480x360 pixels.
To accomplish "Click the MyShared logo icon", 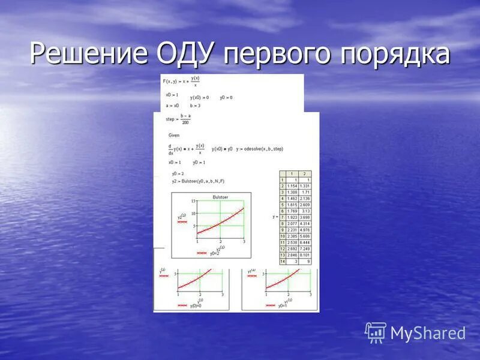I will click(376, 332).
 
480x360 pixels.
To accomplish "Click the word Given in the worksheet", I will click(174, 136).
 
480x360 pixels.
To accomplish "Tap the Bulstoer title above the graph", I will click(220, 197).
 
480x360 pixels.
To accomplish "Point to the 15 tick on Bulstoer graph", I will click(193, 202).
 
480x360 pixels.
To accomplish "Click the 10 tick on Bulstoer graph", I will click(193, 213).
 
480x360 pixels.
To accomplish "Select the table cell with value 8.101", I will click(304, 254).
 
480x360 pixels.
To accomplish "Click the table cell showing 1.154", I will click(292, 186).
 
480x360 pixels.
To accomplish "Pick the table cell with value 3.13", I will click(305, 211).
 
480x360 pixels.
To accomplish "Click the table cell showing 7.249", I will click(304, 248).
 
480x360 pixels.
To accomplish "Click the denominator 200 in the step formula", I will click(185, 122).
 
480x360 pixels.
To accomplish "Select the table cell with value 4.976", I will click(304, 229).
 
